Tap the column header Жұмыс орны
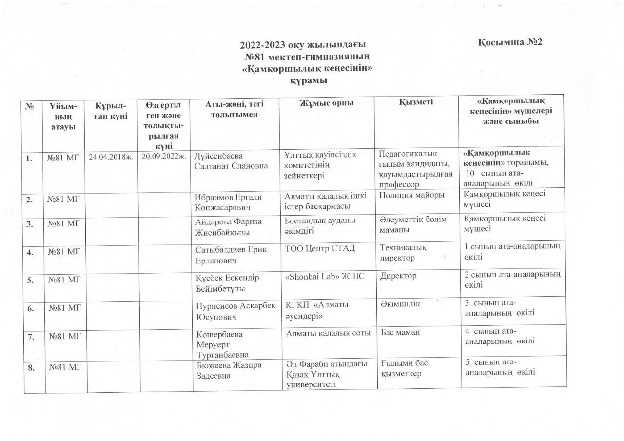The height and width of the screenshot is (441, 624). [x=326, y=103]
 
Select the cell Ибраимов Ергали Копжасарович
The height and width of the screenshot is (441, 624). [x=228, y=202]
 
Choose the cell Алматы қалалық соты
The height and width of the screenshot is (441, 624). [x=327, y=332]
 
